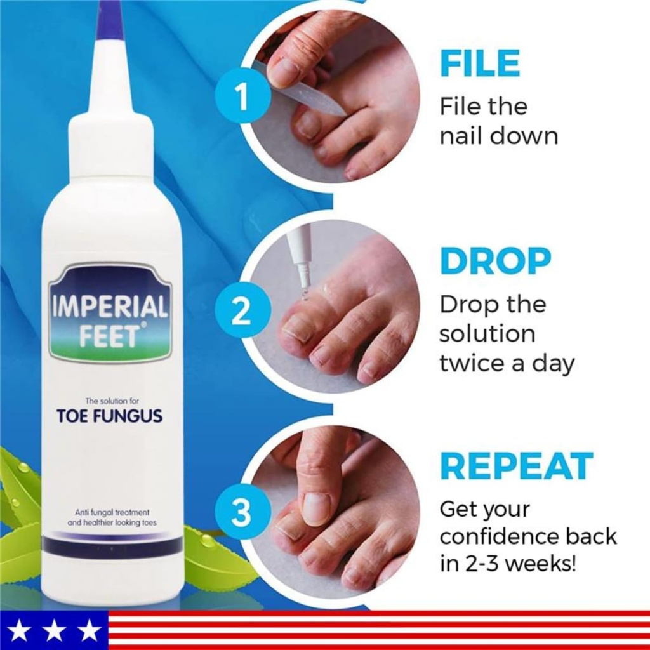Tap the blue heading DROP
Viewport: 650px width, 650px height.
[x=495, y=260]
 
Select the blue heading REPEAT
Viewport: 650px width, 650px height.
[x=516, y=466]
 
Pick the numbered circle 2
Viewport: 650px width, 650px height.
[x=240, y=312]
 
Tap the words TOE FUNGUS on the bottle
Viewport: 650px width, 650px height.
[x=109, y=416]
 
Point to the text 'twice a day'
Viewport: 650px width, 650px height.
[x=507, y=364]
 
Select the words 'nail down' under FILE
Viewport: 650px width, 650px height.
[x=498, y=136]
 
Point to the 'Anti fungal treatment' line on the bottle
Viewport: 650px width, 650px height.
[x=112, y=512]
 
